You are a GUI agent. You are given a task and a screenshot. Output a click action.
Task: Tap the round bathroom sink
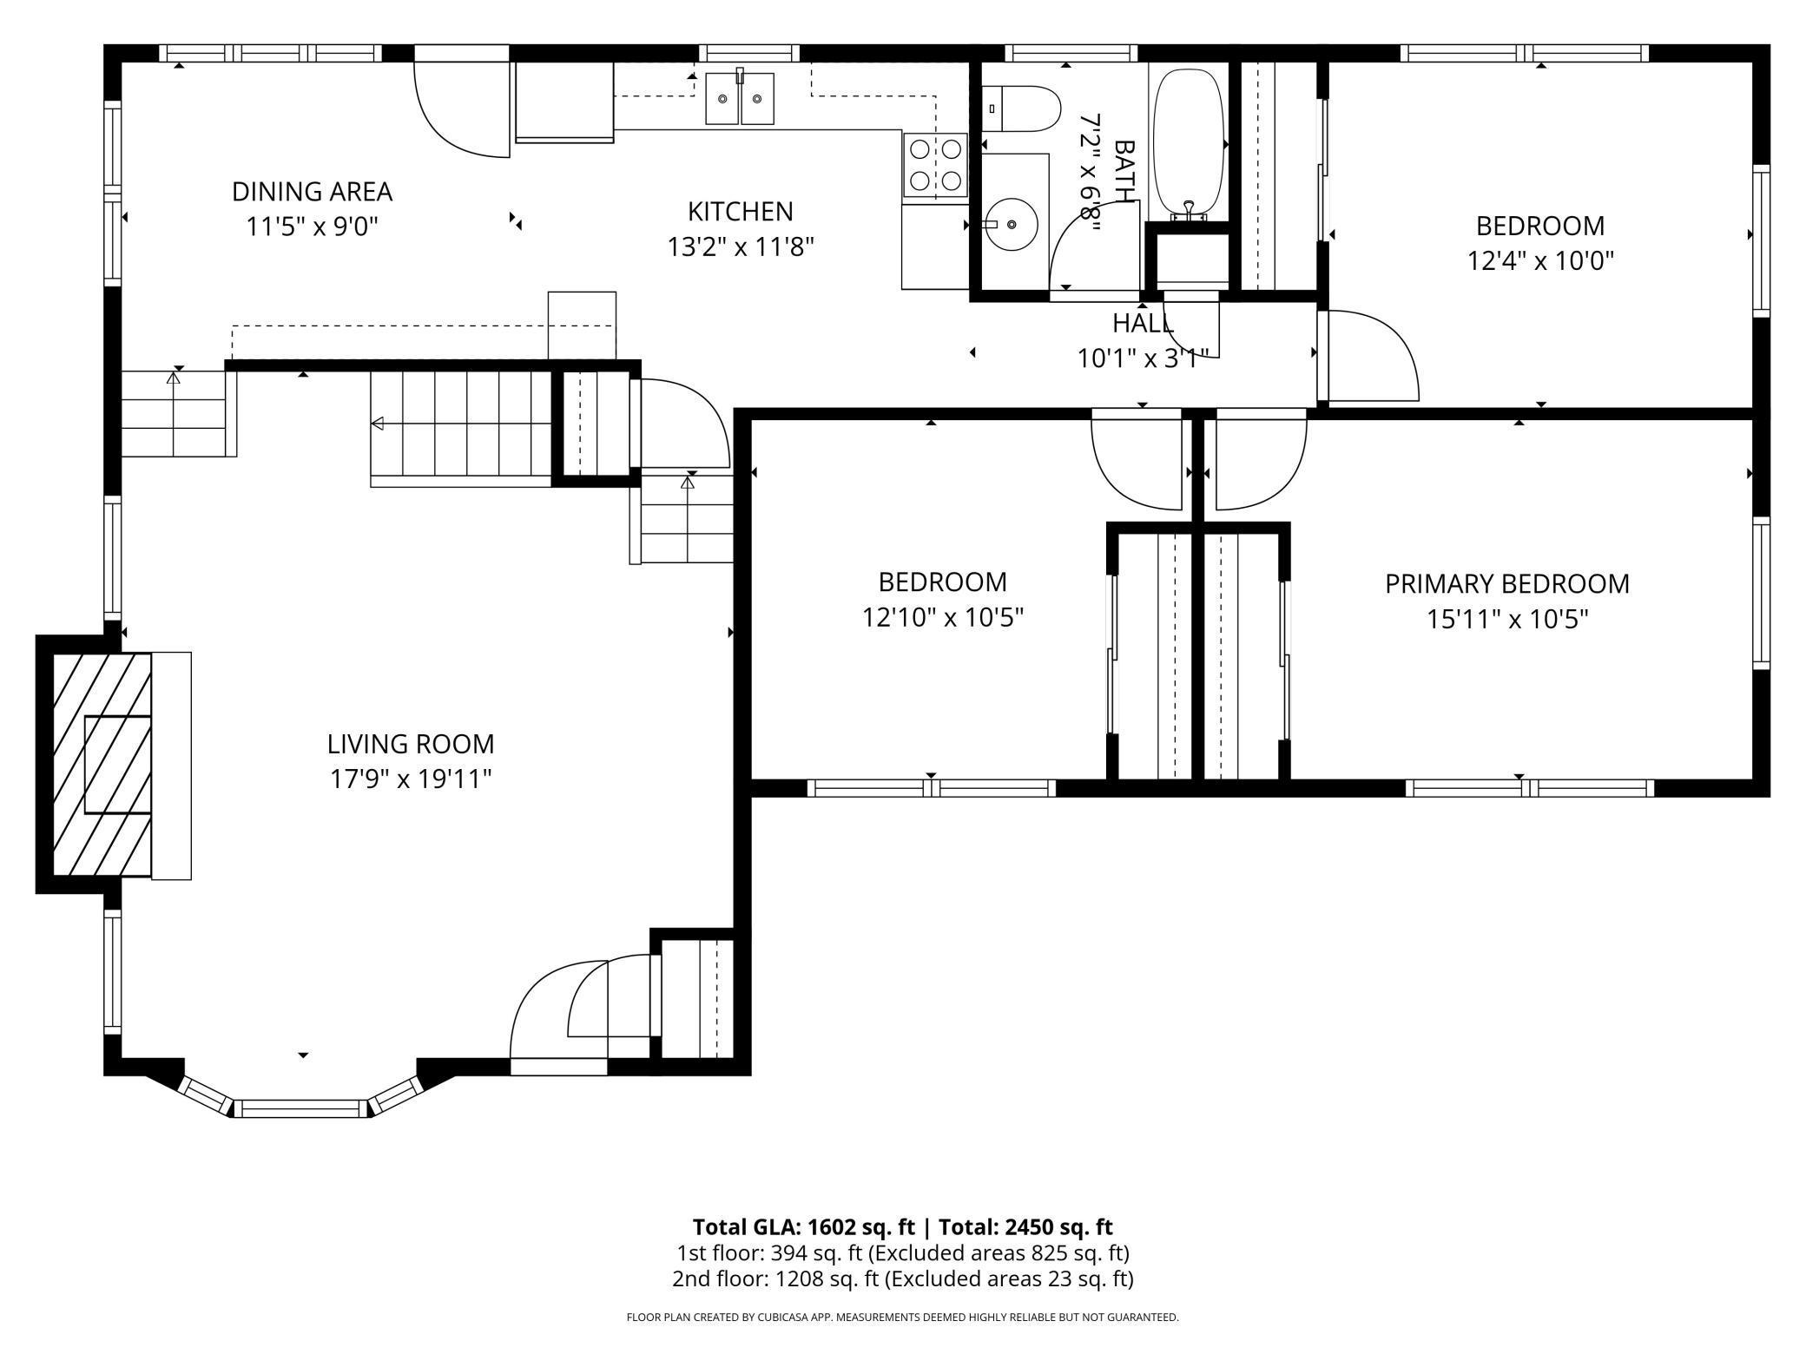click(x=1012, y=224)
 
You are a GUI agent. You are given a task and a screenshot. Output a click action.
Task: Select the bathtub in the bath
click(x=1188, y=143)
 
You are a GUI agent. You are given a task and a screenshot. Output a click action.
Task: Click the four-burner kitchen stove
click(x=935, y=165)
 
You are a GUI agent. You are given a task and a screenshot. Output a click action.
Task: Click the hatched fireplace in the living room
click(x=102, y=764)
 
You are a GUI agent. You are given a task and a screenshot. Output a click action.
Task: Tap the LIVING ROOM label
click(x=411, y=744)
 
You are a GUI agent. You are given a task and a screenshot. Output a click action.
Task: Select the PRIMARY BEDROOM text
click(x=1506, y=584)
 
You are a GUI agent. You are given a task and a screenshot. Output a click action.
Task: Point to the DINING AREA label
click(x=312, y=191)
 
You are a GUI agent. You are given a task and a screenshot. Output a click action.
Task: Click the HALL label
click(x=1143, y=324)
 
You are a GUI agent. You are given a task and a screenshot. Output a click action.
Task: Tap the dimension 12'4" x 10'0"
click(x=1540, y=261)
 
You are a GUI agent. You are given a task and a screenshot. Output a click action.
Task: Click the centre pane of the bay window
click(x=301, y=1108)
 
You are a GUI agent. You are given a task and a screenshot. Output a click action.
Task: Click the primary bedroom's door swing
click(x=1259, y=464)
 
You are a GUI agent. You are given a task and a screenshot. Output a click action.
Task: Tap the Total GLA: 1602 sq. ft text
click(x=803, y=1227)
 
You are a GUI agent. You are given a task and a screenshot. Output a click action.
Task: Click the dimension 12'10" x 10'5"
click(x=942, y=618)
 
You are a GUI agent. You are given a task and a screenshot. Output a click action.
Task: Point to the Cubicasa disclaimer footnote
click(x=902, y=1318)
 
